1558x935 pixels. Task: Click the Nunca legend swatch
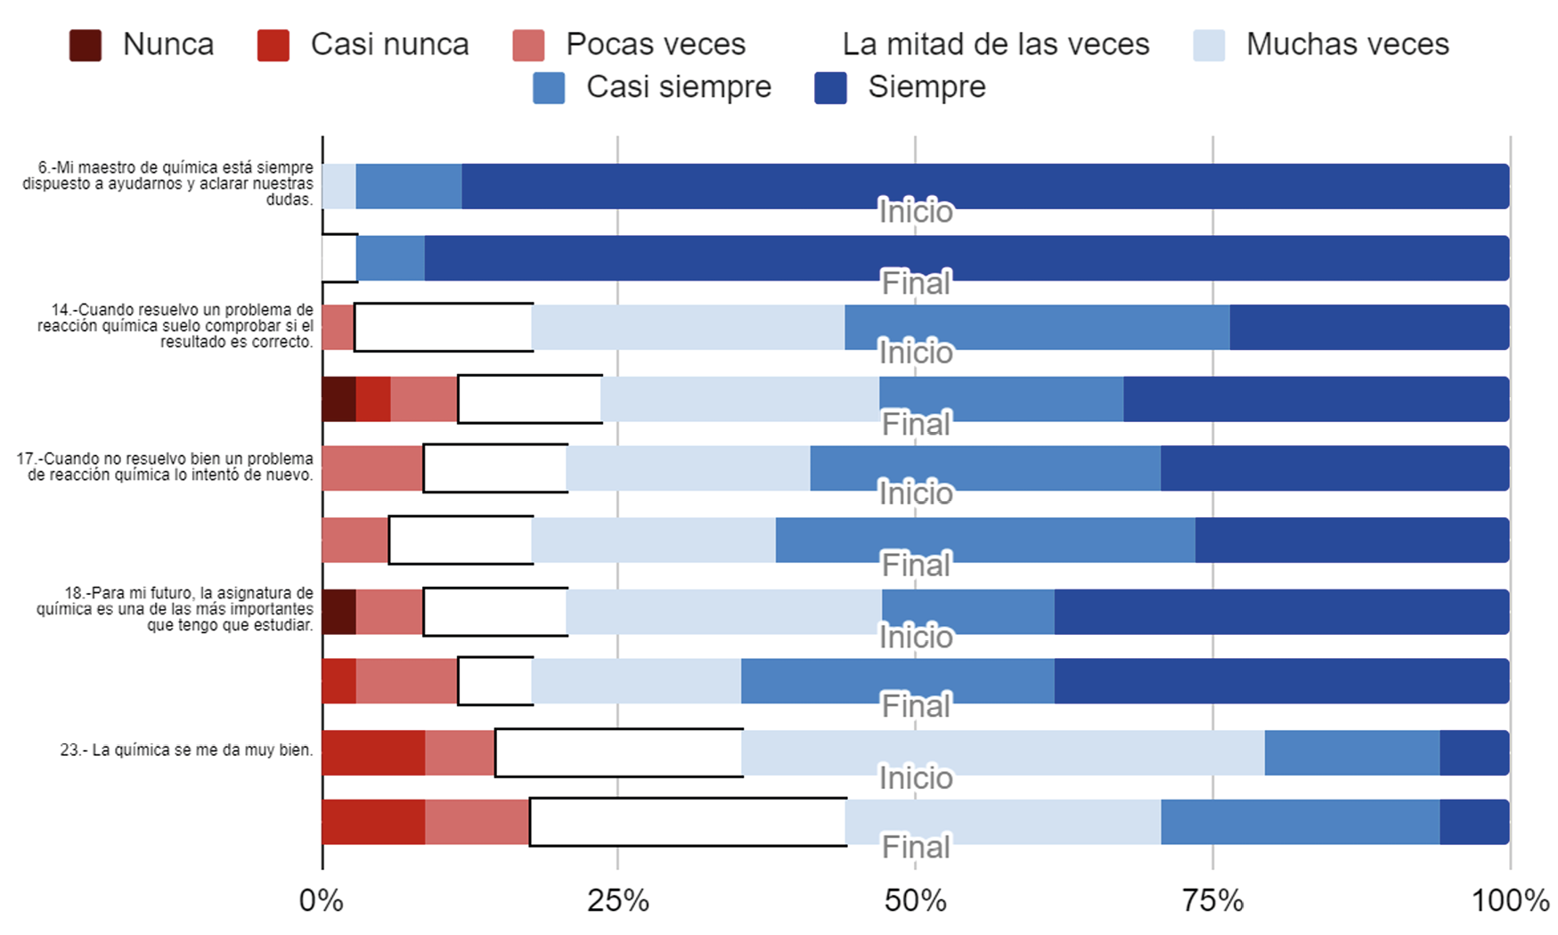point(86,45)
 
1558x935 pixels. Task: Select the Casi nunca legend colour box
point(273,45)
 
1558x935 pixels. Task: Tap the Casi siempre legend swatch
point(549,88)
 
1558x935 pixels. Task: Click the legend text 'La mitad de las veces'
point(995,45)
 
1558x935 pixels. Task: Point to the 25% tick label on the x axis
point(617,901)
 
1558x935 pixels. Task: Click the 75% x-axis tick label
point(1212,901)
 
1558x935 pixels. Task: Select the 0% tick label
point(321,901)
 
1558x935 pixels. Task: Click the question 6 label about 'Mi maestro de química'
point(169,183)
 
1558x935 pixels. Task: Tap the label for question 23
point(186,750)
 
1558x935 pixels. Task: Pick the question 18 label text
point(175,609)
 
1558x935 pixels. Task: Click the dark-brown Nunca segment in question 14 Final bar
point(339,399)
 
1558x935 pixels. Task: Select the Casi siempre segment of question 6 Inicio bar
point(409,186)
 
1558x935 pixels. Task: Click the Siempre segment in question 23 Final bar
point(1474,822)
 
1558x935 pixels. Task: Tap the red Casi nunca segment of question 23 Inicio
point(373,752)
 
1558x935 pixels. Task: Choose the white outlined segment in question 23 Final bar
point(688,822)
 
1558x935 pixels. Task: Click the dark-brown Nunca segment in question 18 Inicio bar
point(339,612)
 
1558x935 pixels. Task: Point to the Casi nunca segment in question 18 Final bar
point(339,681)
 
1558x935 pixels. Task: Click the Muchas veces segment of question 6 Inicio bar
point(339,186)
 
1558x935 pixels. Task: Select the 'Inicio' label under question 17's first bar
point(916,493)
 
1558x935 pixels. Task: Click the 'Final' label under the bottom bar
point(916,847)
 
